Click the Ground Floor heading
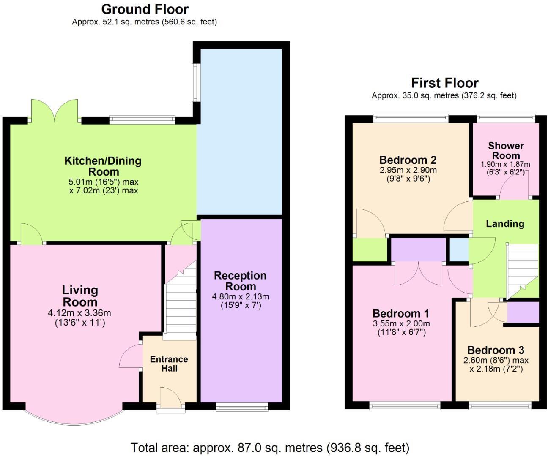(x=145, y=9)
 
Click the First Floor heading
(x=444, y=83)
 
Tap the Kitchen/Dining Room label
(x=103, y=166)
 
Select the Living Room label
(x=80, y=296)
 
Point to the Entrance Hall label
(x=169, y=364)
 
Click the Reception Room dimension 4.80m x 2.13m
(x=240, y=297)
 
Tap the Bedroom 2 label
(x=408, y=160)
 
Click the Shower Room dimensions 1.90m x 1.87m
(x=505, y=164)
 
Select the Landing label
(x=505, y=224)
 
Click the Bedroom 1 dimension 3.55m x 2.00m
(x=401, y=324)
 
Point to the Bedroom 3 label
(x=496, y=350)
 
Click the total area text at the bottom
(x=270, y=447)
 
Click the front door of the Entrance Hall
(x=170, y=399)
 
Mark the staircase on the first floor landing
(x=520, y=270)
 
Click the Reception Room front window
(x=242, y=407)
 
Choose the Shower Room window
(x=506, y=119)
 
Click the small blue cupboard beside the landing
(x=458, y=250)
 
